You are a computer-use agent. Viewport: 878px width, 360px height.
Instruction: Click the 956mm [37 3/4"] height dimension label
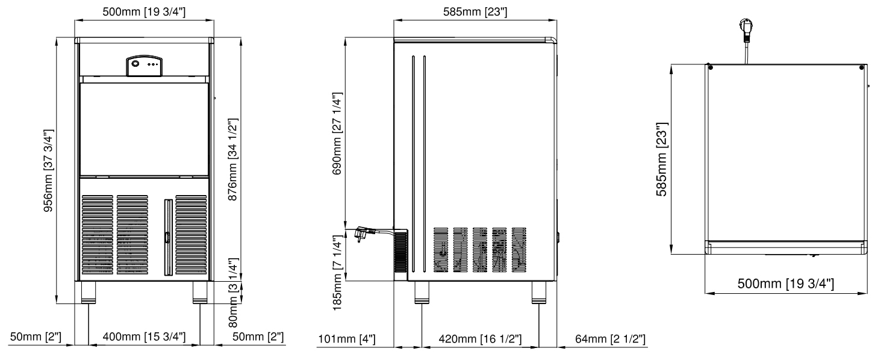pyautogui.click(x=48, y=171)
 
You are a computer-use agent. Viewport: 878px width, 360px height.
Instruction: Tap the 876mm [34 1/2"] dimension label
pyautogui.click(x=233, y=160)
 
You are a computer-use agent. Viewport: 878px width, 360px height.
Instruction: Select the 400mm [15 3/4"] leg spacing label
pyautogui.click(x=145, y=337)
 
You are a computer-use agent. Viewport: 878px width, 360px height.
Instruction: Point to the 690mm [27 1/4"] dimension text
pyautogui.click(x=337, y=134)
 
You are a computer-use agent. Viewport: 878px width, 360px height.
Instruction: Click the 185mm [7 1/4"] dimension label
pyautogui.click(x=337, y=273)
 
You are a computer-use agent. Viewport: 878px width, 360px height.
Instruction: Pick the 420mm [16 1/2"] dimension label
pyautogui.click(x=480, y=339)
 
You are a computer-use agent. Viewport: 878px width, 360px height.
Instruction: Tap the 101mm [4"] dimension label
pyautogui.click(x=346, y=339)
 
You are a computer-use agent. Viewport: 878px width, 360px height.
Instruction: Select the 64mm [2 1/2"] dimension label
pyautogui.click(x=610, y=339)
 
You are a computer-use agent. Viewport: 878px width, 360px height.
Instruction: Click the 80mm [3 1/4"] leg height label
pyautogui.click(x=233, y=293)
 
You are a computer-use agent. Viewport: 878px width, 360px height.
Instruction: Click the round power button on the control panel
pyautogui.click(x=135, y=64)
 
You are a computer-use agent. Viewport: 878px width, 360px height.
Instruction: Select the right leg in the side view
pyautogui.click(x=538, y=293)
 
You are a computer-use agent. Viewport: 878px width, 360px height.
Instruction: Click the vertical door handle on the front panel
pyautogui.click(x=168, y=238)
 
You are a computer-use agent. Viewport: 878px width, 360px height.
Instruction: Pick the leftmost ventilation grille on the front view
pyautogui.click(x=97, y=235)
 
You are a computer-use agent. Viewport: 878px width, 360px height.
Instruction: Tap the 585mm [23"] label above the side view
pyautogui.click(x=475, y=12)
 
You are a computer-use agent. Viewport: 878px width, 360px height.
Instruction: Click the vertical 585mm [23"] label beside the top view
pyautogui.click(x=662, y=159)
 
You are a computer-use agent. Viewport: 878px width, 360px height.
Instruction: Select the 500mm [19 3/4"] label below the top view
pyautogui.click(x=785, y=283)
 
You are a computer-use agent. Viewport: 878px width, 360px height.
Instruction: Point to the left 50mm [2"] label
pyautogui.click(x=36, y=337)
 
